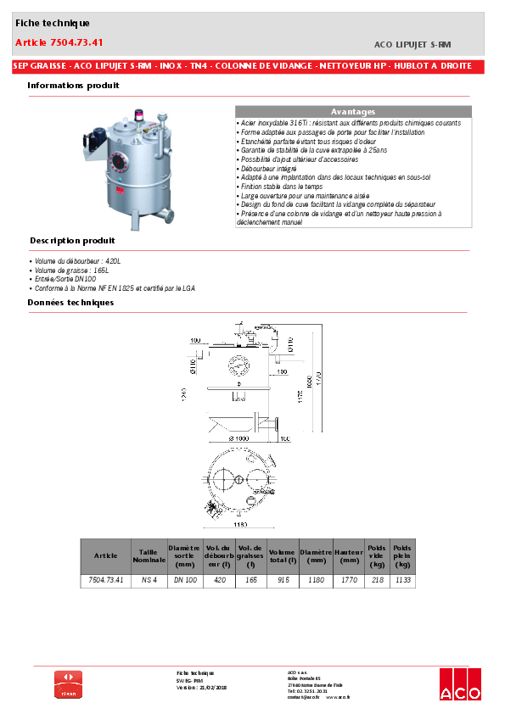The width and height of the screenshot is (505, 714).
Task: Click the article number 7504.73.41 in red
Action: pos(59,42)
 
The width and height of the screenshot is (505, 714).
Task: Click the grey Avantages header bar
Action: pos(352,112)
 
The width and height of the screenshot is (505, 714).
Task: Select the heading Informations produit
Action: pos(73,86)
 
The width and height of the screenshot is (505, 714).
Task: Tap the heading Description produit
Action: pos(72,241)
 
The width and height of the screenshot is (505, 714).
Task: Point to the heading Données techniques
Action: pos(70,302)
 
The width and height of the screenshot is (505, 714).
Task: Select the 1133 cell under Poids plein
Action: pos(402,580)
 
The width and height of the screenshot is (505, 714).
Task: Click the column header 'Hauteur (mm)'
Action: pos(349,555)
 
